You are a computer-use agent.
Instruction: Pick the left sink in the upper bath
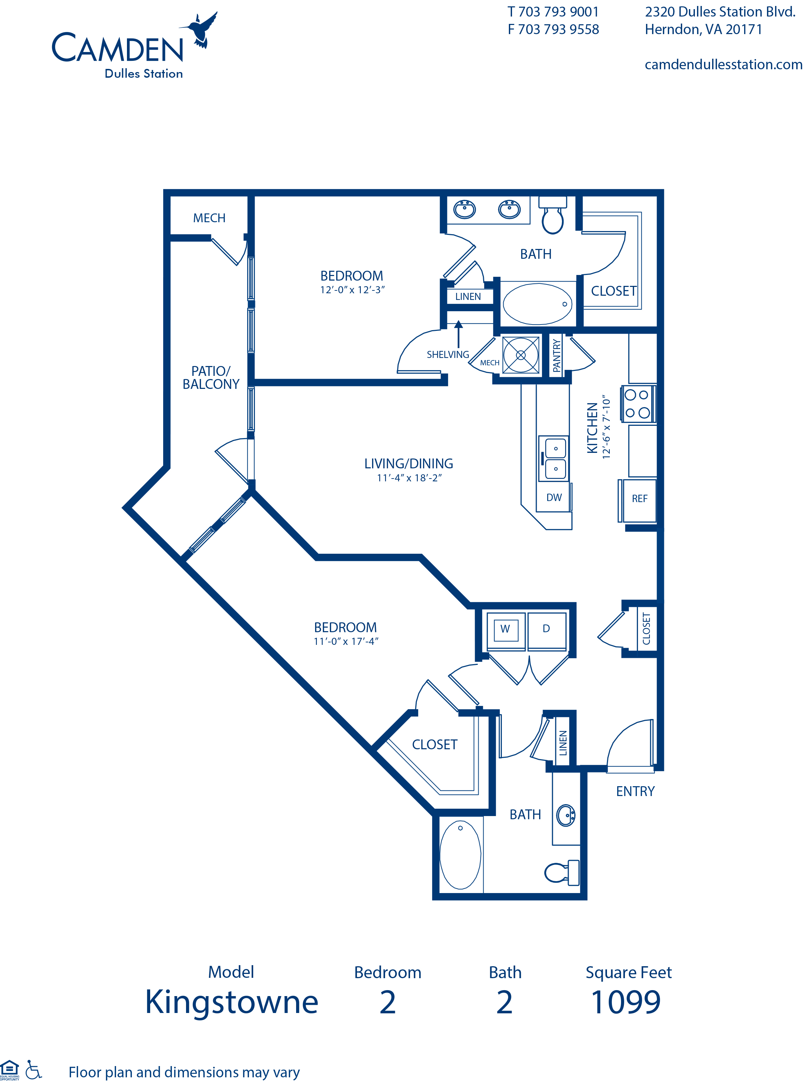pyautogui.click(x=464, y=210)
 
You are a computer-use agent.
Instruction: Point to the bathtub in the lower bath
pyautogui.click(x=460, y=855)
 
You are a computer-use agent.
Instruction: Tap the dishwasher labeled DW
pyautogui.click(x=554, y=498)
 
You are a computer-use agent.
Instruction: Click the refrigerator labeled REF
pyautogui.click(x=639, y=499)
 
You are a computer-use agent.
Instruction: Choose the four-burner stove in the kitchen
pyautogui.click(x=638, y=404)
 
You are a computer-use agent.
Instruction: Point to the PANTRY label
pyautogui.click(x=556, y=356)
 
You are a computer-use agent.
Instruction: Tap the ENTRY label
pyautogui.click(x=635, y=791)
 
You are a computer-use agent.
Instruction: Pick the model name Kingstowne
pyautogui.click(x=231, y=1002)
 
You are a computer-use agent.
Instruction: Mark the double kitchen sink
pyautogui.click(x=555, y=458)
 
